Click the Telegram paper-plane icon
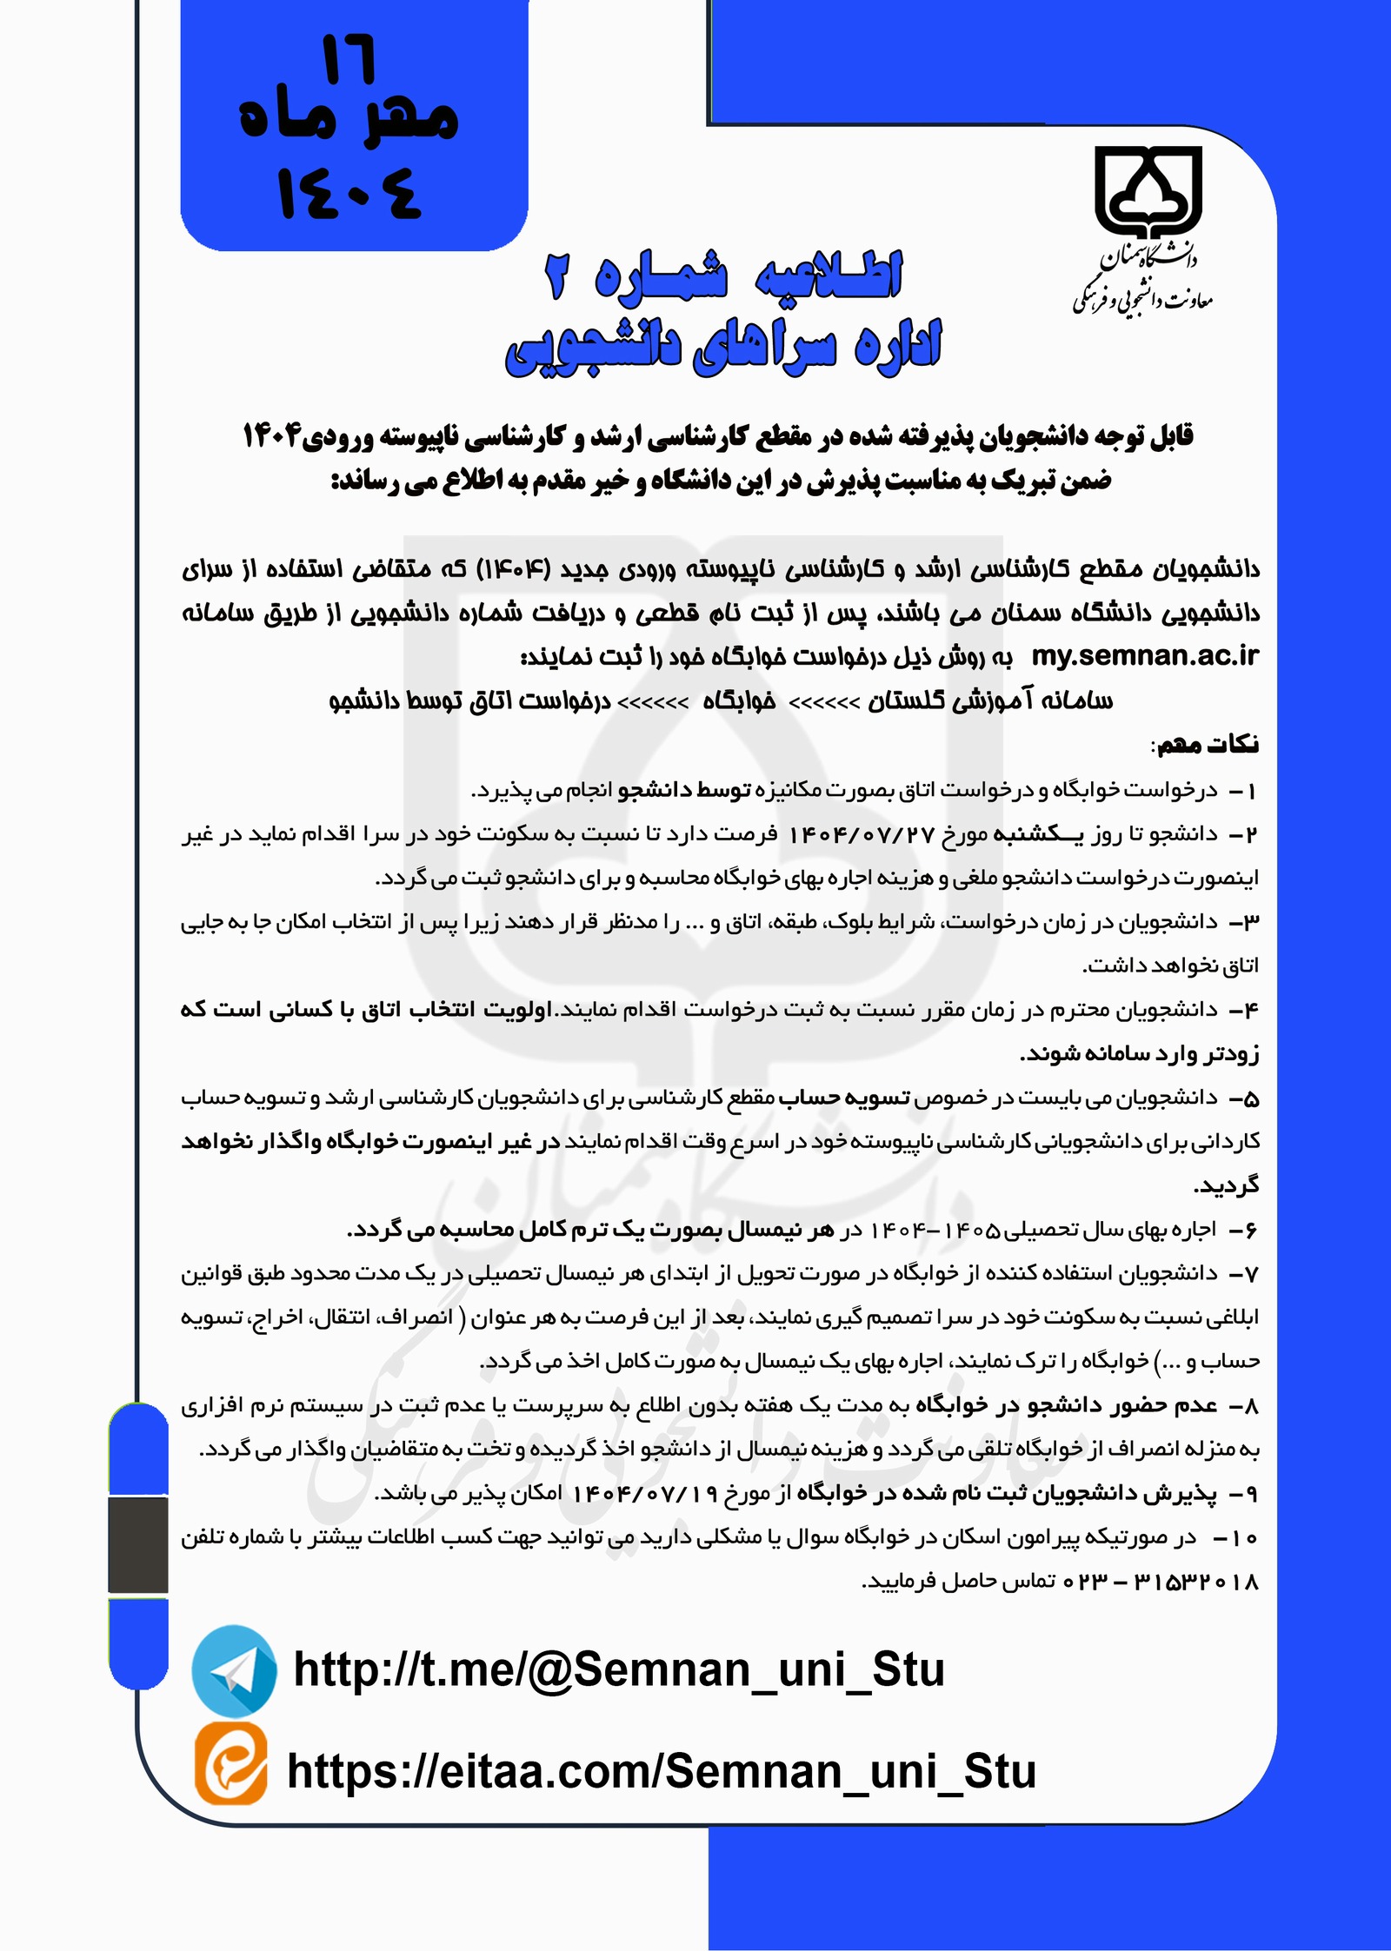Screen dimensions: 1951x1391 coord(234,1670)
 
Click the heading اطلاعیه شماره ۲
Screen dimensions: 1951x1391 coord(724,276)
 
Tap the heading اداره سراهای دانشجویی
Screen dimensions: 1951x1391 coord(724,347)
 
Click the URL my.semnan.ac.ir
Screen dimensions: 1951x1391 coord(1145,656)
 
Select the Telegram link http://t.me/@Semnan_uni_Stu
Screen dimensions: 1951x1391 coord(619,1669)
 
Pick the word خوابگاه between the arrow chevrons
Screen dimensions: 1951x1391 coord(739,701)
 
